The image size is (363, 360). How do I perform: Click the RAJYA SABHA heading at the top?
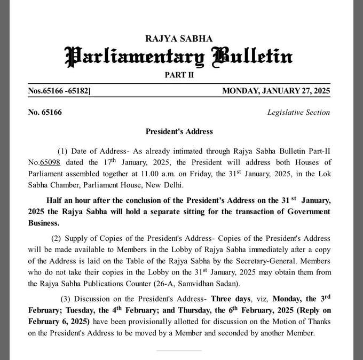pos(179,38)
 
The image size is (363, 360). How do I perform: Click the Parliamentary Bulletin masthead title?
pos(179,56)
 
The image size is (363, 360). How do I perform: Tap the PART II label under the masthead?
pos(179,75)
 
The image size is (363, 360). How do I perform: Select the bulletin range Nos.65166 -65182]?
pos(59,91)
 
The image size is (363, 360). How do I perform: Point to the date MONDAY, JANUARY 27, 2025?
pos(276,91)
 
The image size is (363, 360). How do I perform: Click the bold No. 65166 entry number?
pos(45,112)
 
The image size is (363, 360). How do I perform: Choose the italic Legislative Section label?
pos(298,112)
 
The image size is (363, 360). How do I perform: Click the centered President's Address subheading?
pos(179,131)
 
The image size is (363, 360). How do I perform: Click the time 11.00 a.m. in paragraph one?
pos(150,174)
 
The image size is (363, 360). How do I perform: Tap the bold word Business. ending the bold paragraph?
pos(43,223)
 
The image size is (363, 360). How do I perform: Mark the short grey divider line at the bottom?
pos(179,351)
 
